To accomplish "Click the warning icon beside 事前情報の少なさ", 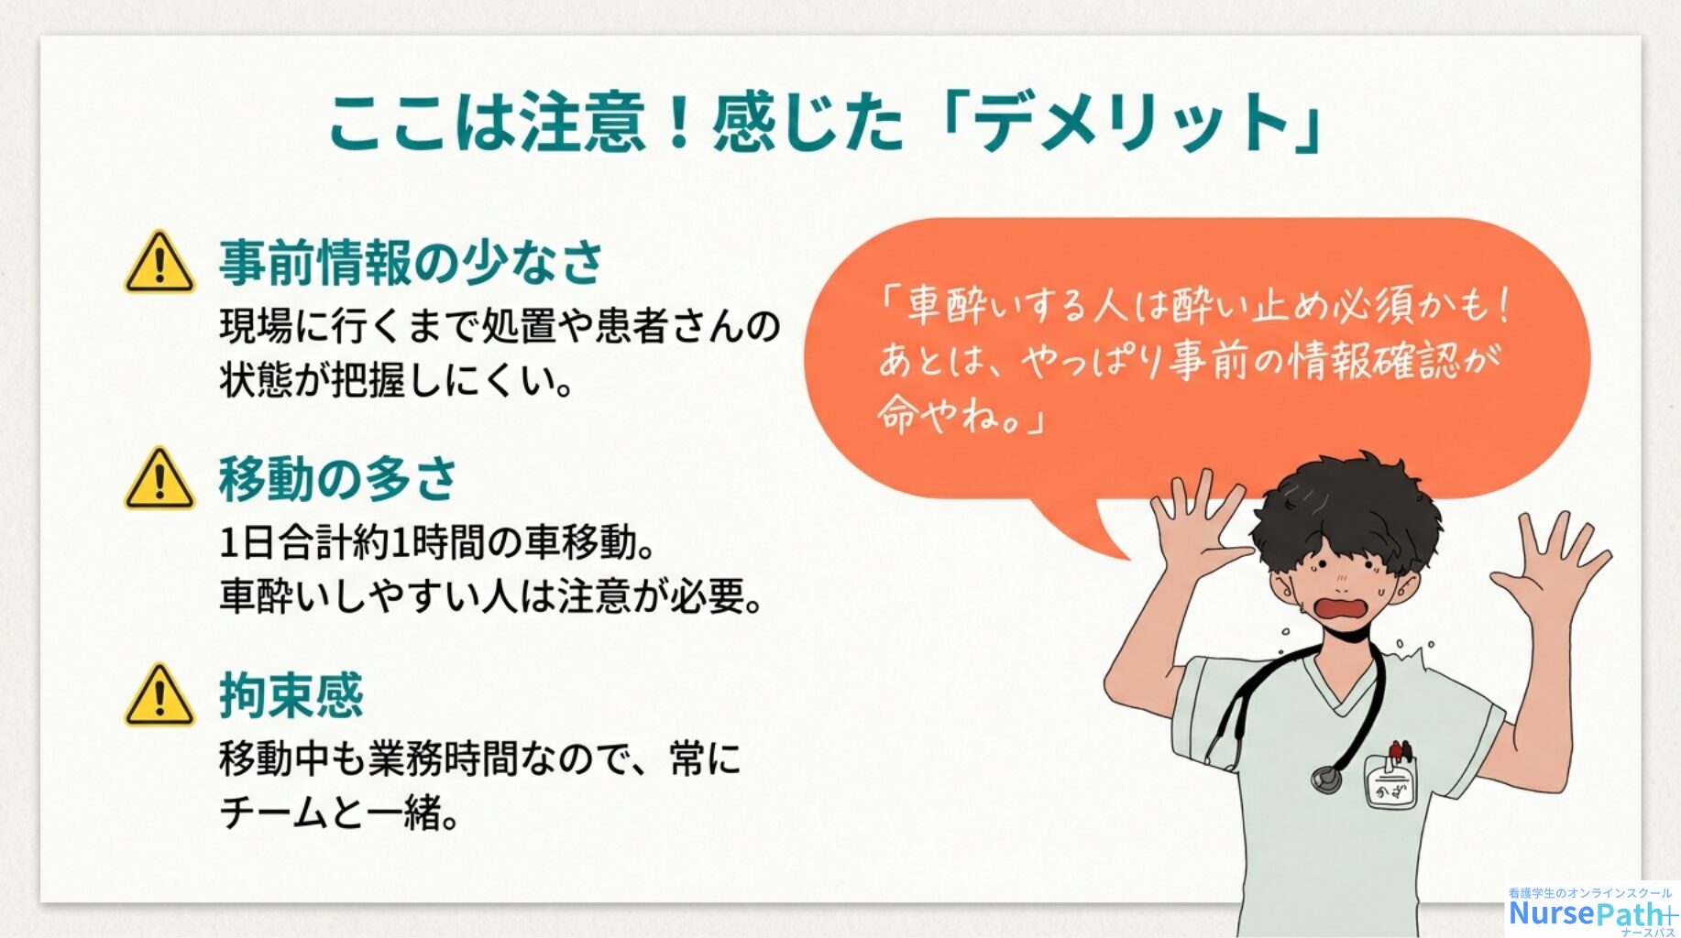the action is coord(159,262).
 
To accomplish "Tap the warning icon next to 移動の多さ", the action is coord(159,478).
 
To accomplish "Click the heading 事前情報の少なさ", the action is coord(411,263).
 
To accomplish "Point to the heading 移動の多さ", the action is coord(337,479).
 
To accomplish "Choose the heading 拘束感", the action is coord(291,695).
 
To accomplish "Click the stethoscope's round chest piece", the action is coord(1325,779).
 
